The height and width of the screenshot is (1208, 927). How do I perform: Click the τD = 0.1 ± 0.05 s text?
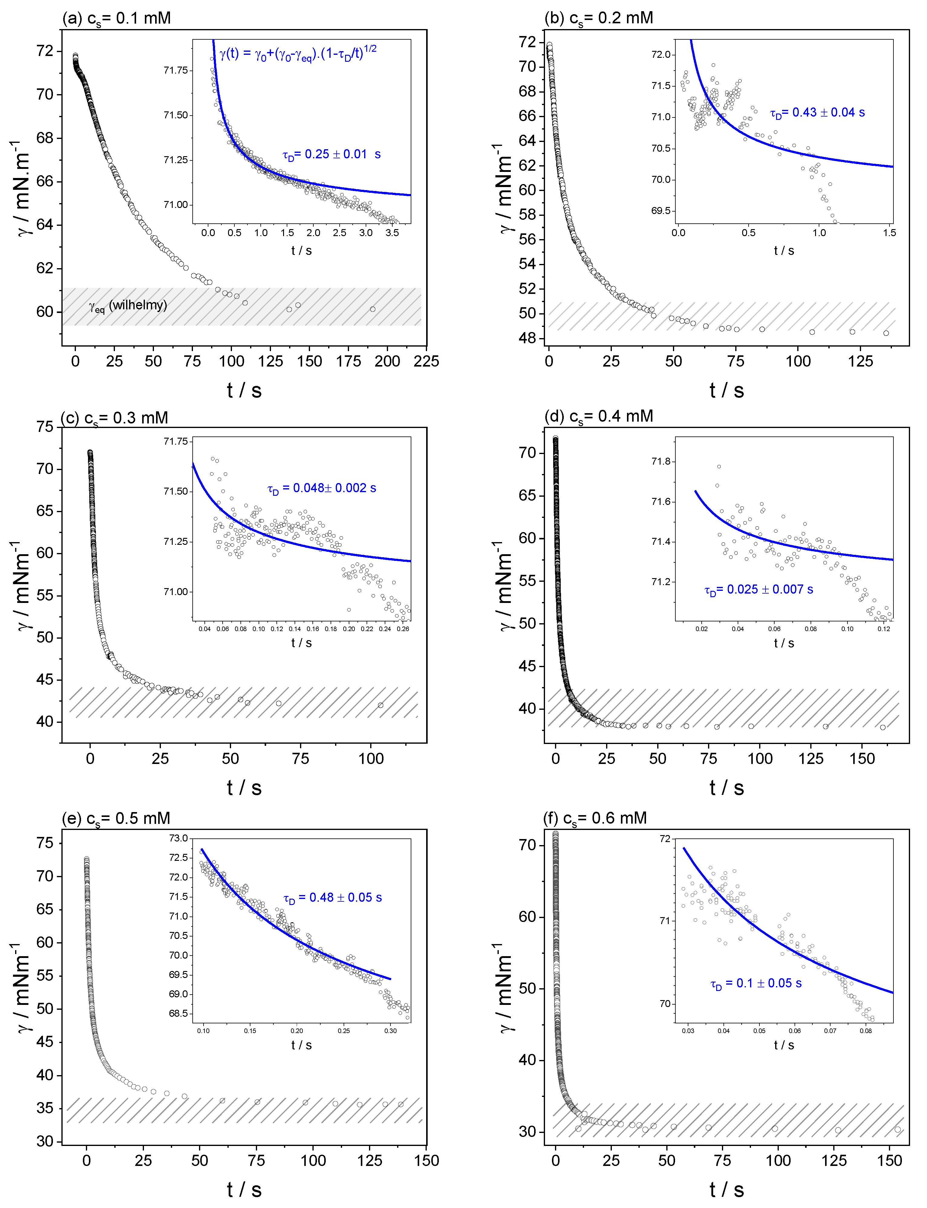(x=756, y=983)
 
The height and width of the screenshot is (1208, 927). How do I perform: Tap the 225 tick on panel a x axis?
(x=426, y=362)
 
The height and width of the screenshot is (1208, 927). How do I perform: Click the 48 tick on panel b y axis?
(x=527, y=338)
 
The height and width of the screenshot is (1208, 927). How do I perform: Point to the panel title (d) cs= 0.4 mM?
(x=599, y=416)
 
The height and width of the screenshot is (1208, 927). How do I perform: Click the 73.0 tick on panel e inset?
(x=178, y=838)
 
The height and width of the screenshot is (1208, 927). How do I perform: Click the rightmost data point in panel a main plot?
(x=372, y=309)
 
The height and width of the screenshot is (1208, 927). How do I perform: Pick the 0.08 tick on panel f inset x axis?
(x=865, y=1030)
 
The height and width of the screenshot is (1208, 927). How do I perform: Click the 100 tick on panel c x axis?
(x=371, y=759)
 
